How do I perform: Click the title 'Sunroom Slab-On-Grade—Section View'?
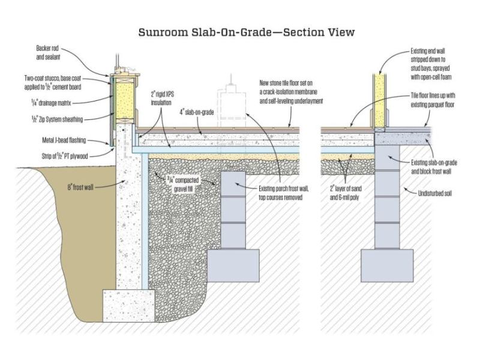pyautogui.click(x=247, y=32)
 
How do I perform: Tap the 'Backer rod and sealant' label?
pyautogui.click(x=47, y=53)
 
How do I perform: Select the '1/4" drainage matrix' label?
pyautogui.click(x=51, y=103)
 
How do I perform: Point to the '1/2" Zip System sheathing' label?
pyautogui.click(x=57, y=119)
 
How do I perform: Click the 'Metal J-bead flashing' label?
pyautogui.click(x=64, y=140)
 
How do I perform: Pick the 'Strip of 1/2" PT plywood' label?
pyautogui.click(x=65, y=156)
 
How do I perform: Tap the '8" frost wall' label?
pyautogui.click(x=80, y=187)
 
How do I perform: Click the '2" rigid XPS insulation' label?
pyautogui.click(x=162, y=98)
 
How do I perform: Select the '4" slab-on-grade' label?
pyautogui.click(x=197, y=112)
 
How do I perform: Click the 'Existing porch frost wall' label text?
pyautogui.click(x=284, y=193)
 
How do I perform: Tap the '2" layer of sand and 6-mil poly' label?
pyautogui.click(x=346, y=193)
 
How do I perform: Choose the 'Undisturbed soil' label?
pyautogui.click(x=434, y=193)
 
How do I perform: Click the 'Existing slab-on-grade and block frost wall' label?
pyautogui.click(x=434, y=167)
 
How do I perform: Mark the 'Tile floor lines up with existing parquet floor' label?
pyautogui.click(x=433, y=100)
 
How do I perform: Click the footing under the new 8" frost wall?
pyautogui.click(x=128, y=306)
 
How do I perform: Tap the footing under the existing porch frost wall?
pyautogui.click(x=233, y=265)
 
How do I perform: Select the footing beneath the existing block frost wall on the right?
pyautogui.click(x=387, y=265)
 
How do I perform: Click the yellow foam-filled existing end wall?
pyautogui.click(x=380, y=101)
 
